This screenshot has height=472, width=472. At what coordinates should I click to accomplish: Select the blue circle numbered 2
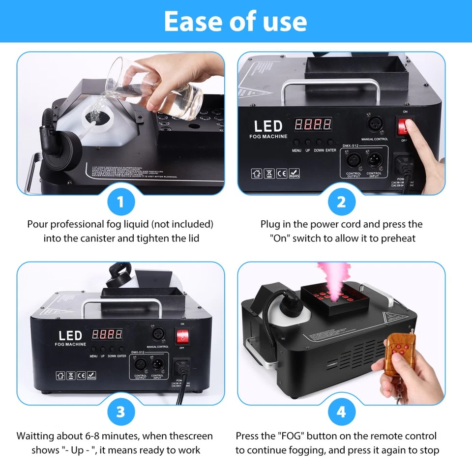click(341, 202)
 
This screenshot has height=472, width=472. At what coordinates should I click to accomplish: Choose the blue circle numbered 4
click(341, 412)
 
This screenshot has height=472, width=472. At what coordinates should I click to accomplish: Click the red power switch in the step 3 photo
click(182, 338)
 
